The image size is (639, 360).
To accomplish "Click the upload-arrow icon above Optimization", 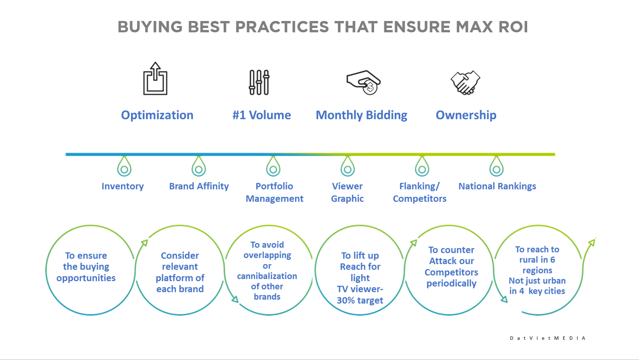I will coord(155,79).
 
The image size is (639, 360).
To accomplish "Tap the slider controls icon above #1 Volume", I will coord(259,82).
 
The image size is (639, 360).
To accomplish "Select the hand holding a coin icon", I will coord(364,82).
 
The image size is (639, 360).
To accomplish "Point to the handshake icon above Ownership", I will coord(465,82).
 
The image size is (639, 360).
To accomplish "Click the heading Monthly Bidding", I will coord(361,115).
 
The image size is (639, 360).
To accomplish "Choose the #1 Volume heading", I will coord(261,115).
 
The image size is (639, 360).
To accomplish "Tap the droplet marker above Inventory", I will coord(124,167).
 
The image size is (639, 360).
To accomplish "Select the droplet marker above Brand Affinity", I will coord(199,167).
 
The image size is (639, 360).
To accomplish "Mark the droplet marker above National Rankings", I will coord(496,167).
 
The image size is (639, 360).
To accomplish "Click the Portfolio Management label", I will coord(274,192).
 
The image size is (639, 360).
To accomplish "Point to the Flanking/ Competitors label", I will coord(420,192).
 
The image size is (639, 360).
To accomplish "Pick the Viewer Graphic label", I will coord(347,192).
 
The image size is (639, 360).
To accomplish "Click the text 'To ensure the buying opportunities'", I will coord(86,267).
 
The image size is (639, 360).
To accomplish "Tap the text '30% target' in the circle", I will coord(360,300).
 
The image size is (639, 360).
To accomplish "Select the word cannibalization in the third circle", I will coord(267,276).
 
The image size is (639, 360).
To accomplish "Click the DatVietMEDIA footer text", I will coord(547,338).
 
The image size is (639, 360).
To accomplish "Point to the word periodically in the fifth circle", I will coord(452,283).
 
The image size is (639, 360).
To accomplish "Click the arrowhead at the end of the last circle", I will coord(592,242).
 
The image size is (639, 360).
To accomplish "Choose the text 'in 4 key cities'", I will coord(537,291).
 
